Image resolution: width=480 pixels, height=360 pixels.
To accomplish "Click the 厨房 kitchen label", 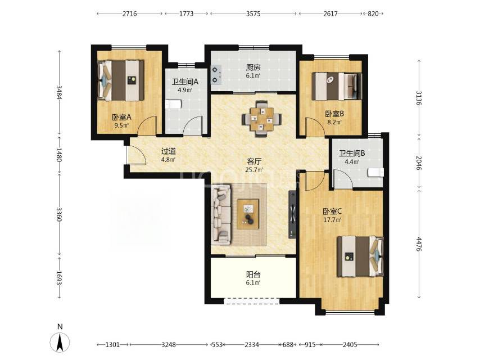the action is coord(253,67).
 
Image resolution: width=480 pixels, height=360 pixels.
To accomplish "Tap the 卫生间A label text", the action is coord(185,82).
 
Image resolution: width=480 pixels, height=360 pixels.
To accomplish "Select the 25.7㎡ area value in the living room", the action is coord(254,169).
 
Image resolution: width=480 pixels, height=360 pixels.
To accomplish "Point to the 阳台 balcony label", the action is coord(253,274).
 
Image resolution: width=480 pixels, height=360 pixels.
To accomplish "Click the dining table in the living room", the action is coord(261,119).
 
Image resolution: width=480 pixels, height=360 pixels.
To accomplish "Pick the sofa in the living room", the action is coord(221,215).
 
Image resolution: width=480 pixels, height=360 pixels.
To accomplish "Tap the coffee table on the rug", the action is coord(248,214).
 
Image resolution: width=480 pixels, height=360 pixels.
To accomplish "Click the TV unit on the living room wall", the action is coord(292,214).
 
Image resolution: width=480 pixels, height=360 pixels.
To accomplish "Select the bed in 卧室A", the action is coord(121,80).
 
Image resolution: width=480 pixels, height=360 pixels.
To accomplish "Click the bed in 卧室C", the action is coord(360,256).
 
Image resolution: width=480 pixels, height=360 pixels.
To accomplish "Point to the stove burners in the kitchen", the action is coord(216,75).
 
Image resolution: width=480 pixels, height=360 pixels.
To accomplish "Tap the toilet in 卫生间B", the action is coord(375,173).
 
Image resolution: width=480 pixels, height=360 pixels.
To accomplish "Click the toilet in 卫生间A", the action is coord(173,104).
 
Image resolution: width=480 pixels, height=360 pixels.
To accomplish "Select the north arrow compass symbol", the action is coord(60,342).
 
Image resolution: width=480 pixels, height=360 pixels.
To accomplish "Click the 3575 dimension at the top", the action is coord(253,14).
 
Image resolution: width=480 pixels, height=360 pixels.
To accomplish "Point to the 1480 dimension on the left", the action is coord(59,155).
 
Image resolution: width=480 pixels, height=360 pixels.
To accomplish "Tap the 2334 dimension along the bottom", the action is coord(252,345).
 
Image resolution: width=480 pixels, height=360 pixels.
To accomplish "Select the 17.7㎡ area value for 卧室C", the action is coord(332,219).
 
